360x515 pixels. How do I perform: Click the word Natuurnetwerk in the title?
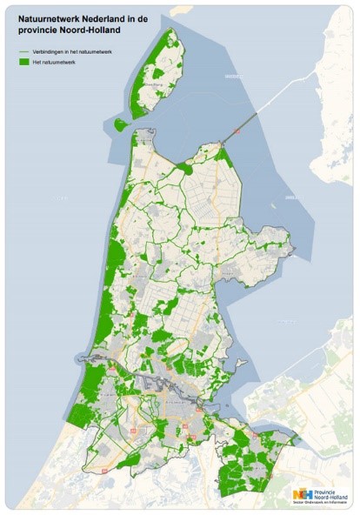[x=50, y=17]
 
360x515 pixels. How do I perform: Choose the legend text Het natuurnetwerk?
[x=56, y=64]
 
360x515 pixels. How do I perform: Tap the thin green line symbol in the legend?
[x=24, y=53]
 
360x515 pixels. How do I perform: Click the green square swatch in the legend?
[x=24, y=64]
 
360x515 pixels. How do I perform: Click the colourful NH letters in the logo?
[x=304, y=493]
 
